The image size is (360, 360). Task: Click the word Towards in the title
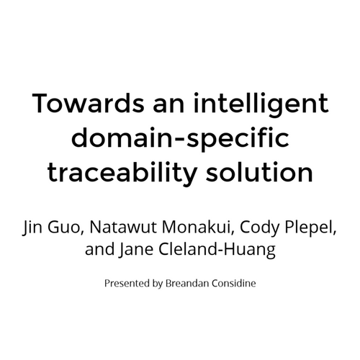[88, 103]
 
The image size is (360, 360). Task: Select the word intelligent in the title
[261, 105]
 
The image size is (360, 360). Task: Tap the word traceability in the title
[122, 174]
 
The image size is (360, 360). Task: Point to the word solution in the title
[259, 171]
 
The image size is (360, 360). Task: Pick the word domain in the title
[122, 138]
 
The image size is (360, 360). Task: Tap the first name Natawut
[124, 227]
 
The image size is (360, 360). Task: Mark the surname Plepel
[310, 228]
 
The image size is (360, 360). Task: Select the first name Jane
[136, 250]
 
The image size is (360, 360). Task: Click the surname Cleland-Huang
[217, 251]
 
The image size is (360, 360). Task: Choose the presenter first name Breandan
[187, 283]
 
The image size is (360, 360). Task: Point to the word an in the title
[168, 106]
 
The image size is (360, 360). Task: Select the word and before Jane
[100, 249]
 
